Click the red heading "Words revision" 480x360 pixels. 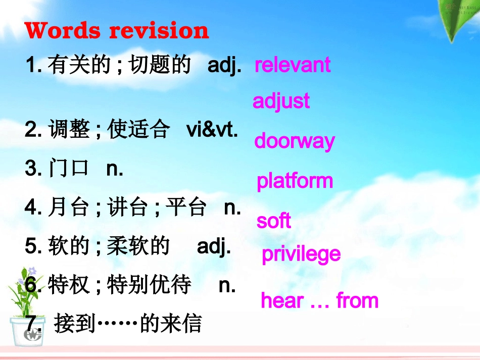117,31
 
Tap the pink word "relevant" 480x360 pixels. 293,65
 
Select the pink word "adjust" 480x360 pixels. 281,101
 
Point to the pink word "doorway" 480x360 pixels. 294,141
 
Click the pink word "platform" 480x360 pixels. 295,181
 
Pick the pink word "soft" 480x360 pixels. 273,221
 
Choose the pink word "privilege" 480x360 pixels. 301,254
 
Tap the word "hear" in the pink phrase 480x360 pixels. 281,301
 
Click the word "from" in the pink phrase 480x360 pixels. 357,301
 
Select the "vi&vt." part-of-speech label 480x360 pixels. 212,130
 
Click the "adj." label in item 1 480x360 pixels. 224,66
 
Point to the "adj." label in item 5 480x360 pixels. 214,247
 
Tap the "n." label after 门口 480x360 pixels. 115,169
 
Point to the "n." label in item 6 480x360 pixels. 227,286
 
